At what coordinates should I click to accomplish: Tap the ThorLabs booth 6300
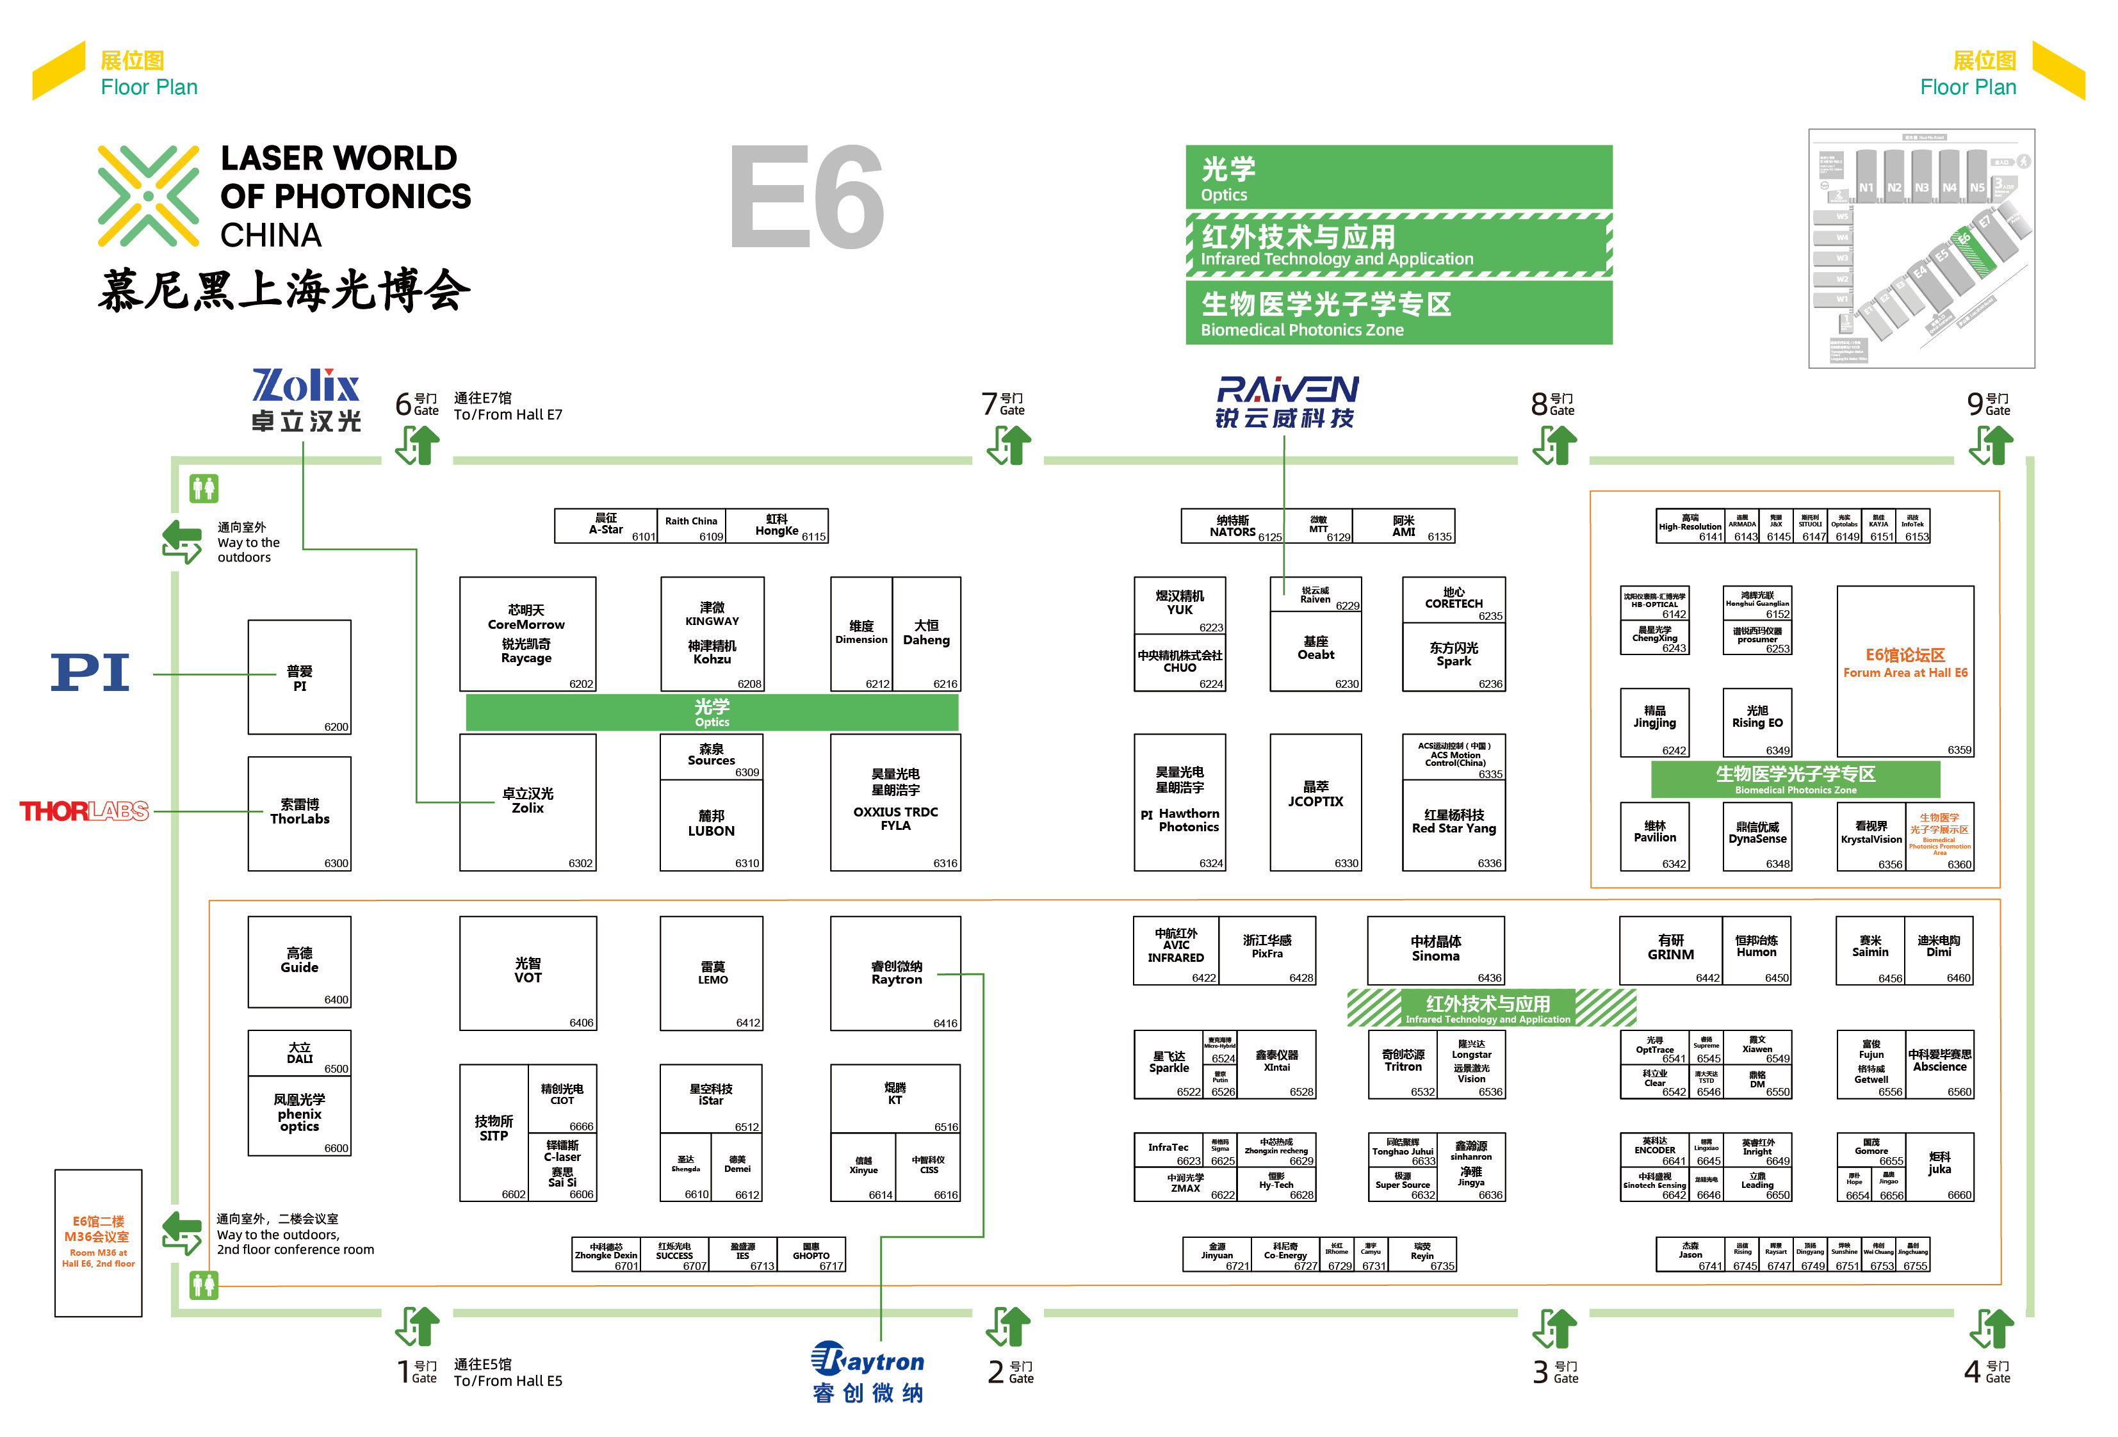click(299, 813)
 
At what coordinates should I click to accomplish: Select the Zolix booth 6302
click(528, 802)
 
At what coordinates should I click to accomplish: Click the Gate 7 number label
click(990, 403)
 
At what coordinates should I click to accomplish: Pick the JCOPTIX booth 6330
click(1315, 802)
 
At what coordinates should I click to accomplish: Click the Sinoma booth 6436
click(1435, 950)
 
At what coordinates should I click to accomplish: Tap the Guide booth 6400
click(299, 961)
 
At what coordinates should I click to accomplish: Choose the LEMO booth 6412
click(712, 973)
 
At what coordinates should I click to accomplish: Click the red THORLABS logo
click(84, 811)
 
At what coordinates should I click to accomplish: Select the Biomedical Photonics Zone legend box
click(1398, 312)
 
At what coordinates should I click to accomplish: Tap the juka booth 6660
click(1939, 1166)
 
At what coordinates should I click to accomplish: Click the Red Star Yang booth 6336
click(1454, 823)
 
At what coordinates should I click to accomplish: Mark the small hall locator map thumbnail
click(1921, 248)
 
